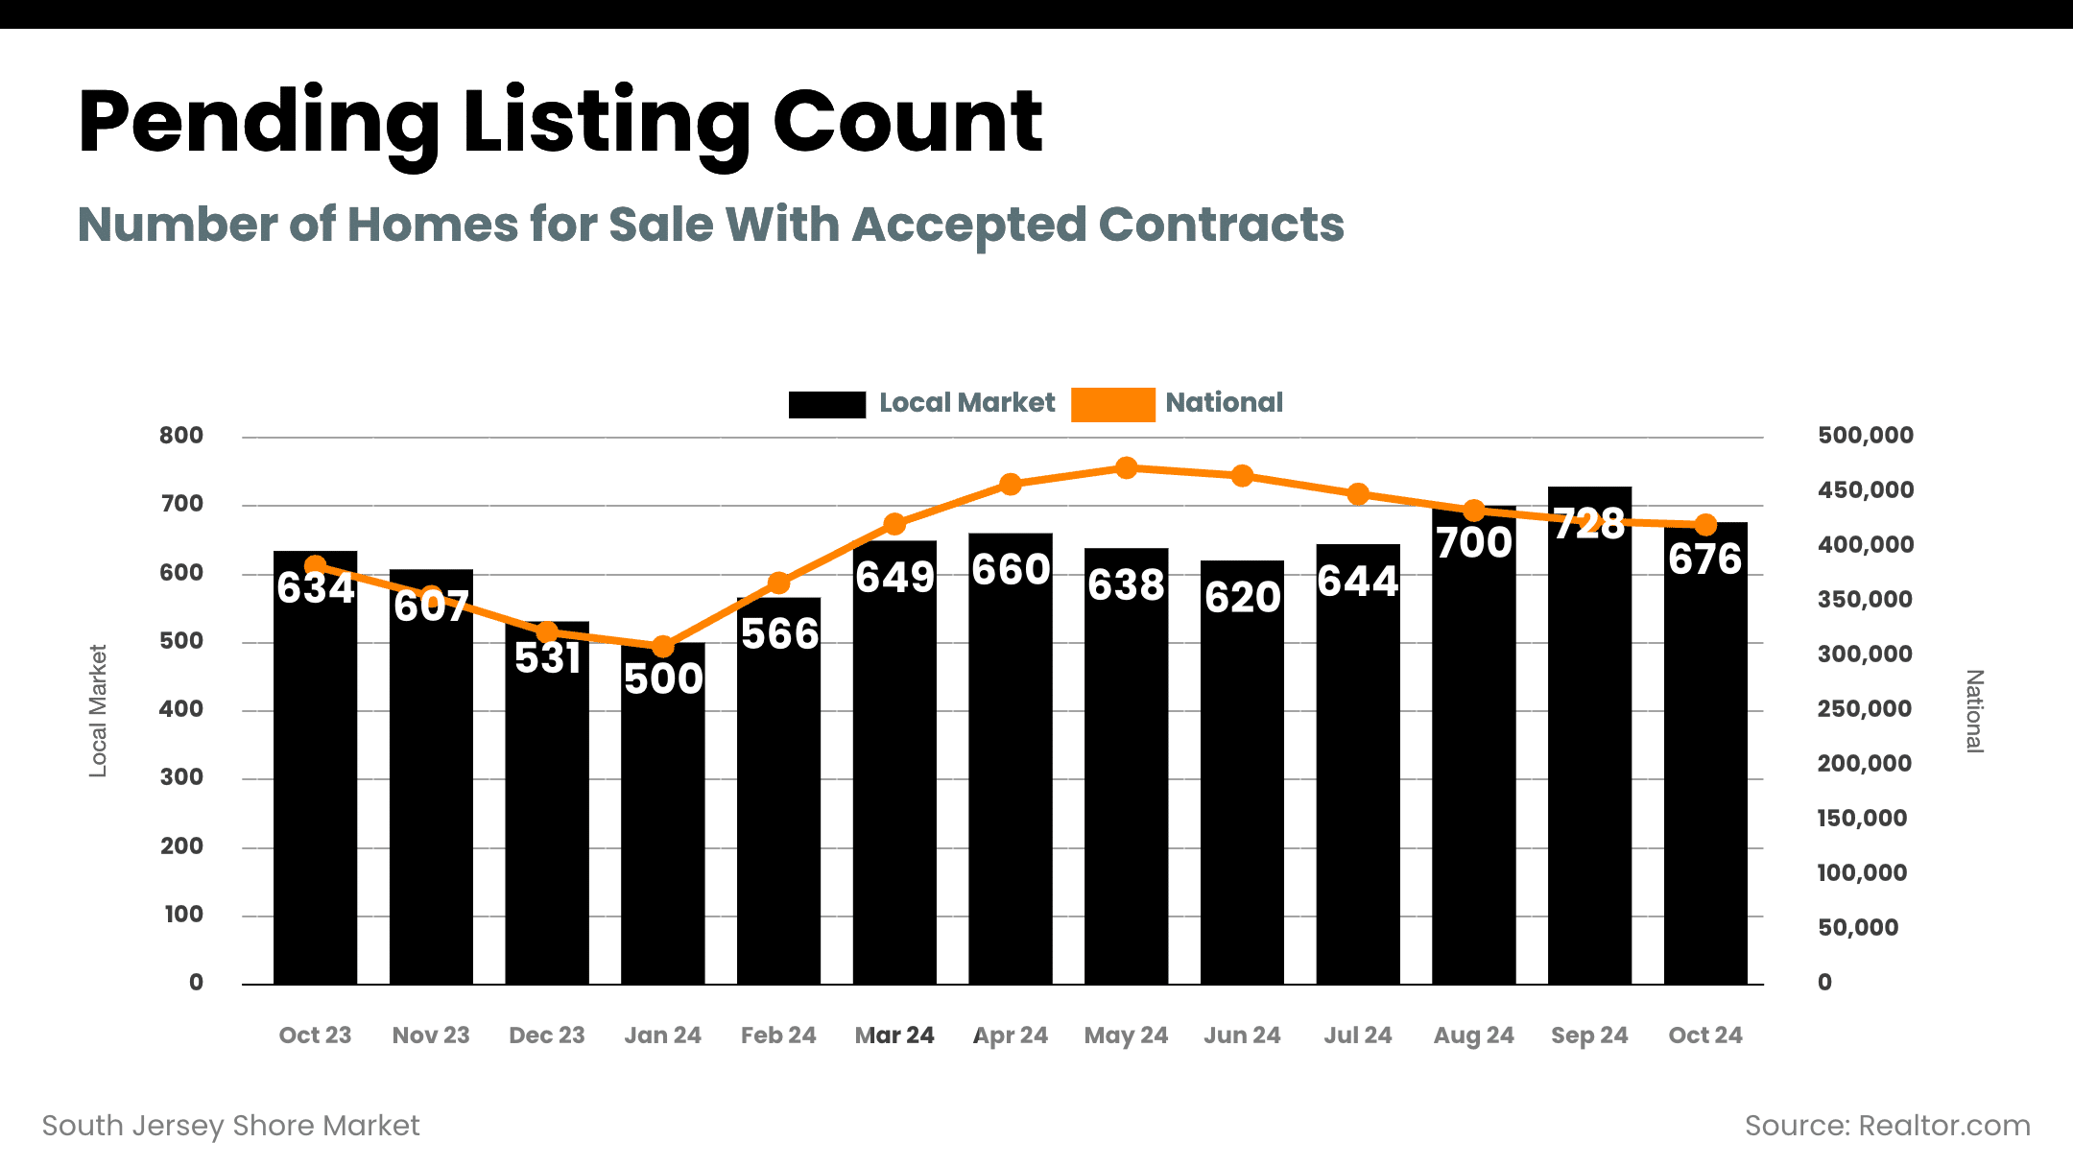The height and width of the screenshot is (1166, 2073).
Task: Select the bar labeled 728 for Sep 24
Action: pos(1589,749)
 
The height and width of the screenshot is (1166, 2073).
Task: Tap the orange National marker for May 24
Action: pos(1127,468)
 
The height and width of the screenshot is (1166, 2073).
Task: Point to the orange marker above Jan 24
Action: pos(662,647)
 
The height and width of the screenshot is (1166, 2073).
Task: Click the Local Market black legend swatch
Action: pos(826,404)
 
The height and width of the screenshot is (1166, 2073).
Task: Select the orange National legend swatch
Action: pos(1112,404)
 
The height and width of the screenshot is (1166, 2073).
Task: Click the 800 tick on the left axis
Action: pos(181,436)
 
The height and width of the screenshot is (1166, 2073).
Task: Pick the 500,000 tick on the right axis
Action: pos(1865,436)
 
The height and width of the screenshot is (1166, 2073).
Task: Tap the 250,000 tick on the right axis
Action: pos(1864,709)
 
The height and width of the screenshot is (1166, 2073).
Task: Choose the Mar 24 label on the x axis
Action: pos(894,1035)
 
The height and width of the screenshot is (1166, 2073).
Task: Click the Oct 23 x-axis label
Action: pos(315,1035)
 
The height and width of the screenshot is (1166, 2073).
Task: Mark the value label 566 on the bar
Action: pos(779,634)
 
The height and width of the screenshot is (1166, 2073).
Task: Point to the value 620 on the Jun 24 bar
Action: pos(1243,598)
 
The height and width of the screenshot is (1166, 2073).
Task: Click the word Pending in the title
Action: pos(258,123)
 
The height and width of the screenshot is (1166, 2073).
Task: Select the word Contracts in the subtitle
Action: pos(1221,225)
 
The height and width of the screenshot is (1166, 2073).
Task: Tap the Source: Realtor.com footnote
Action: pos(1887,1126)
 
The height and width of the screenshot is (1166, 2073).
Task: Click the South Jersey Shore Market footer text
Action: pos(231,1126)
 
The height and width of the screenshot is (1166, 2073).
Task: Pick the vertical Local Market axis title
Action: pos(98,710)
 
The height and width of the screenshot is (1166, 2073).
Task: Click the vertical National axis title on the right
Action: pos(1974,711)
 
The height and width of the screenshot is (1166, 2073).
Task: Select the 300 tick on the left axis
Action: pos(181,777)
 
